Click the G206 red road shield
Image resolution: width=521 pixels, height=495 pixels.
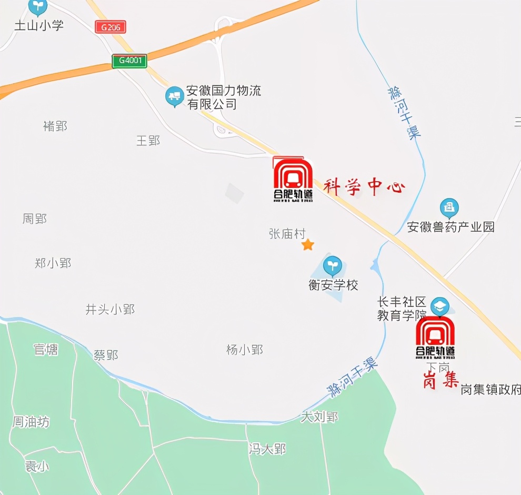(111, 27)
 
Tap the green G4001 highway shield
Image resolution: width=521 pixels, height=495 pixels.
(129, 61)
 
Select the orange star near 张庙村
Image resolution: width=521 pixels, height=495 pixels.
(307, 245)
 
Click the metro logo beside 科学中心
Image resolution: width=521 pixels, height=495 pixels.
(293, 180)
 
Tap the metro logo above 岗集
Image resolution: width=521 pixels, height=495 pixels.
(435, 338)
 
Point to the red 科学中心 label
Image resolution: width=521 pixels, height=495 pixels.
(364, 187)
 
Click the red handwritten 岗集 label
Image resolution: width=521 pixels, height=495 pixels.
(441, 380)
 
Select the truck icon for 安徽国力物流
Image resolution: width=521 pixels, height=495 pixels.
(174, 97)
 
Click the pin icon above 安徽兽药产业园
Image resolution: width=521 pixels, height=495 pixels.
(449, 207)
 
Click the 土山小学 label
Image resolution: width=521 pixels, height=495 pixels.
(39, 25)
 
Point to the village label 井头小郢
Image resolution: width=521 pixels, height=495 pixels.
(111, 310)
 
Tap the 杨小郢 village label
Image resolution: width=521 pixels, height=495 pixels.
(245, 349)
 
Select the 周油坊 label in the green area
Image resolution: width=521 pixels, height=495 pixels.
(31, 422)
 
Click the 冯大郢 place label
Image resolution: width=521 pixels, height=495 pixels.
(267, 449)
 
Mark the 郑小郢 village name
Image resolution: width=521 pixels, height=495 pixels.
(53, 263)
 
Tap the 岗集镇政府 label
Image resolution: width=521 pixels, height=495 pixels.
(490, 390)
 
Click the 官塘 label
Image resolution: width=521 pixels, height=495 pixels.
(46, 349)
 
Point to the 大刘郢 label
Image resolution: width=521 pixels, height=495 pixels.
(319, 417)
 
